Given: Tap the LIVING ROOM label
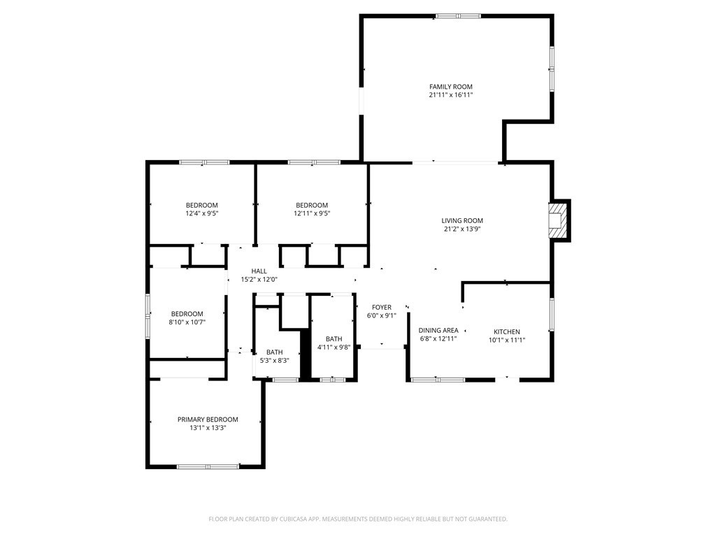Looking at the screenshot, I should coord(462,220).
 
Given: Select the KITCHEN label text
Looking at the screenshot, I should coord(507,331).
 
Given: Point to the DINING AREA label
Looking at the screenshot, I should coord(438,330).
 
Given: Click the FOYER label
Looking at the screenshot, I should coord(381,307).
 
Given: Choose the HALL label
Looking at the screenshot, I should coord(259,271).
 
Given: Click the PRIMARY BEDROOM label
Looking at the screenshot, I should coord(207,420).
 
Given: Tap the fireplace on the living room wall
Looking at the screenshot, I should coord(558,220).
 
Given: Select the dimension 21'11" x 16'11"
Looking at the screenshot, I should coord(451,95).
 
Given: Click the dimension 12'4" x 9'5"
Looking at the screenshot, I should coord(202,214).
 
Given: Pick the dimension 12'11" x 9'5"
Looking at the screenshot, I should coord(311,214).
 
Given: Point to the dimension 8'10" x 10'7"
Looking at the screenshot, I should coord(187,322).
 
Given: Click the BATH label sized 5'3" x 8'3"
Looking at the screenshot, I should coord(274,352).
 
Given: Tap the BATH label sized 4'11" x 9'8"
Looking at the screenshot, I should coord(333,338).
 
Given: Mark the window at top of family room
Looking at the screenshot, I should coord(459,15).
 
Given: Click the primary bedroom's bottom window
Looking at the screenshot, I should coord(208,466).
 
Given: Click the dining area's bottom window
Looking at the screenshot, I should coord(438,380).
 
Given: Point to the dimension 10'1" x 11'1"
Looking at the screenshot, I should coord(507,340).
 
